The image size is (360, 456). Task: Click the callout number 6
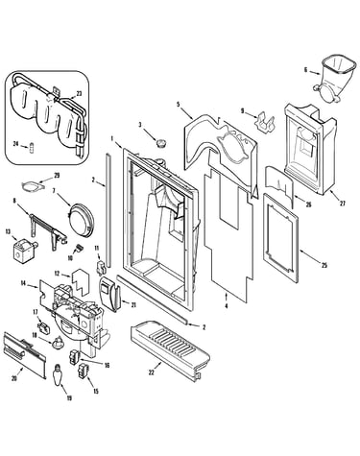[305, 70]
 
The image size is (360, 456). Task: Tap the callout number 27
[343, 204]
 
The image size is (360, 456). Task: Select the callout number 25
[324, 265]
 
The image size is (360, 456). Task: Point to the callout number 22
[151, 372]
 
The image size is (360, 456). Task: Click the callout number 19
[69, 397]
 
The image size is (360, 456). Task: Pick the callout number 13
[8, 231]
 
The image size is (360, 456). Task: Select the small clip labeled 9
[265, 122]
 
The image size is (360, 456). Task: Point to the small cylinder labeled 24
[32, 149]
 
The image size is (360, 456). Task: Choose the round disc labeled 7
[82, 218]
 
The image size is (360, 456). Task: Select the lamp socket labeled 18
[58, 343]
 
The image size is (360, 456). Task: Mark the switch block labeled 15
[83, 372]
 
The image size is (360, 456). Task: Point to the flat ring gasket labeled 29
[31, 186]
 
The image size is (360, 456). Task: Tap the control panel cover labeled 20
[24, 355]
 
